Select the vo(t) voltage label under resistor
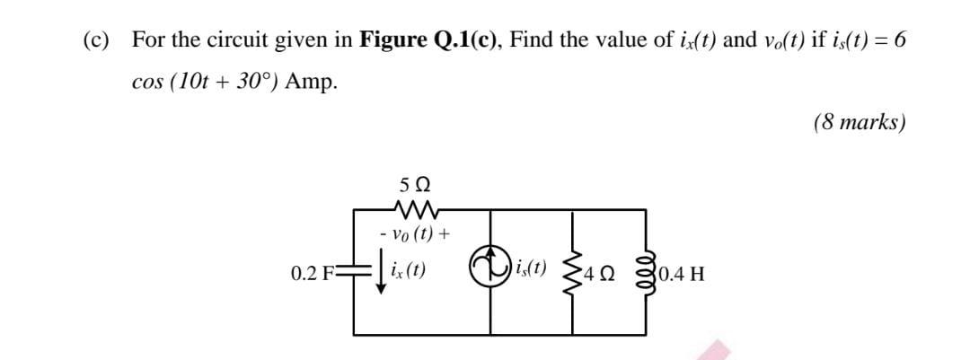point(414,235)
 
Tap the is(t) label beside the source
point(530,268)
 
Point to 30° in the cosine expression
point(259,81)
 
